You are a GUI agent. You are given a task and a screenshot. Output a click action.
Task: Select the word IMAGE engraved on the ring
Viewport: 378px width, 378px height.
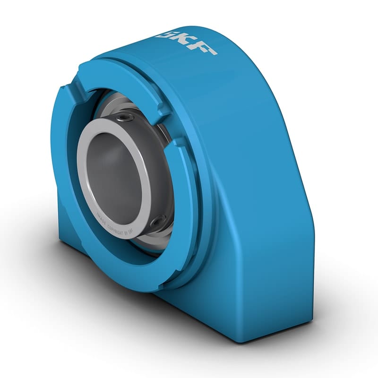[x=101, y=218]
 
